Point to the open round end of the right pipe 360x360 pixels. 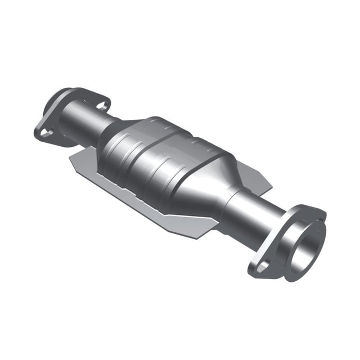pyautogui.click(x=305, y=248)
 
